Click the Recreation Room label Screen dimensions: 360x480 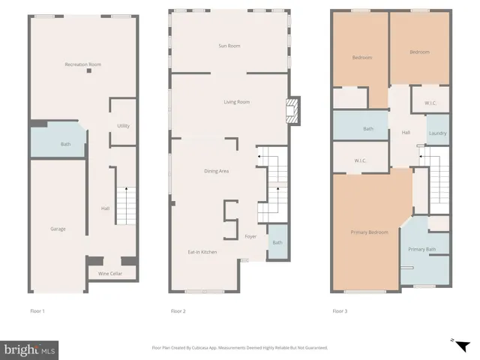[82, 65]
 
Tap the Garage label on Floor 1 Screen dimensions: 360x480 [58, 229]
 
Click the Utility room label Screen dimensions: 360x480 [124, 126]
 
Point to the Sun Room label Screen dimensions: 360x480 [228, 46]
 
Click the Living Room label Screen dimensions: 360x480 [236, 102]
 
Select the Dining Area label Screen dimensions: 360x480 [216, 171]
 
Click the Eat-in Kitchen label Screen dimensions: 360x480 [202, 252]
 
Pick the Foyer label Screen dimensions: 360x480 [250, 237]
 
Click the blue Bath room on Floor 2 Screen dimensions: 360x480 [277, 242]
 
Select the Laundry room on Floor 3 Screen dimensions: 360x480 [437, 133]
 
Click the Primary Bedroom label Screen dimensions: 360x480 [369, 232]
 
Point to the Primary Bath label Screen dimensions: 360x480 [421, 249]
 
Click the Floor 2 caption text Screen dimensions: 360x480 [178, 311]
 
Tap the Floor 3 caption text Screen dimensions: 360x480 [340, 311]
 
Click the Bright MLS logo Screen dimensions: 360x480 [31, 349]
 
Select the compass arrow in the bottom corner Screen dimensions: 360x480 [462, 344]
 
